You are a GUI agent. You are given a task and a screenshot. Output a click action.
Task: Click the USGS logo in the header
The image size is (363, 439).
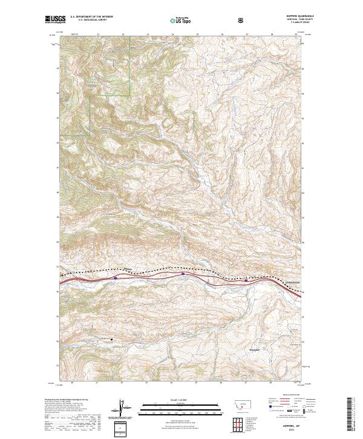coord(55,19)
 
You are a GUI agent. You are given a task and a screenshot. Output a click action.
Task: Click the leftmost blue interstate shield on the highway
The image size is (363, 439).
coord(115,278)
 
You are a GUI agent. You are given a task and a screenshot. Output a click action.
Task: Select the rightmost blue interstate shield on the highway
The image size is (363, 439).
coord(246,280)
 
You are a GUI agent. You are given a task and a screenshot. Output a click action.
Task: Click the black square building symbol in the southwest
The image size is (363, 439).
coord(111,340)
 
